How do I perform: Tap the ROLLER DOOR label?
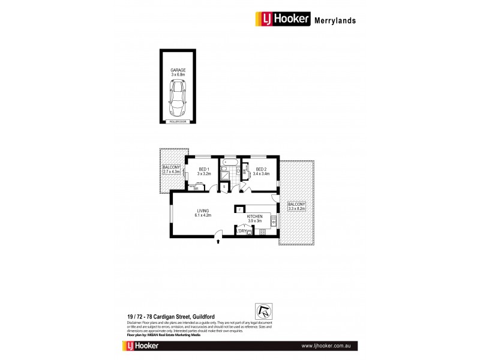point(178,121)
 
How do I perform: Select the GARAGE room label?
point(178,70)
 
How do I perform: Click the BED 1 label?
point(203,169)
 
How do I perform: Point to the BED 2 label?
point(262,169)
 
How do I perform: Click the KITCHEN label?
point(256,217)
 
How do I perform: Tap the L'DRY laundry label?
point(242,232)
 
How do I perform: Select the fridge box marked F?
point(239,209)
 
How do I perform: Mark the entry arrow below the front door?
point(218,242)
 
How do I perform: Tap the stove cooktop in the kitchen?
point(262,232)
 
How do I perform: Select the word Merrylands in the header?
point(335,20)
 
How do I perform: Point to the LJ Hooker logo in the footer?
point(147,347)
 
